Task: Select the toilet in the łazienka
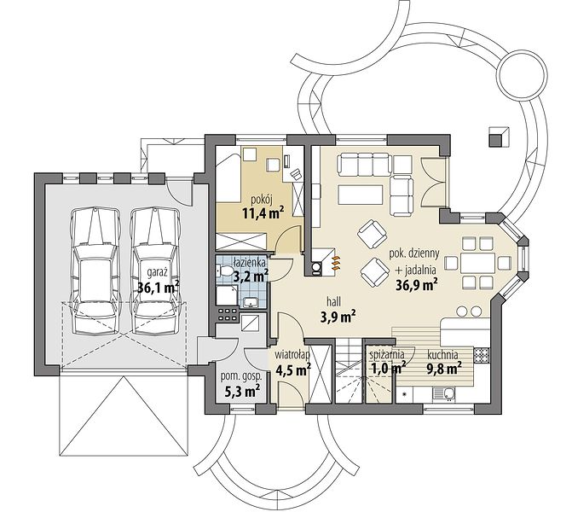(225, 271)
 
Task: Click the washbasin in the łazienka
(251, 302)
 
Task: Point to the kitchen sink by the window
(444, 393)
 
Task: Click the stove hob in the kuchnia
(482, 353)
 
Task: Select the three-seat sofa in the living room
(365, 165)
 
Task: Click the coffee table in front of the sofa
(361, 195)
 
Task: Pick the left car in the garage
(95, 271)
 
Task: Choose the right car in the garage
(156, 271)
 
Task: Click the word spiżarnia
(387, 354)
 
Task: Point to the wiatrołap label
(292, 354)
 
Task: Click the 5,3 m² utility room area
(242, 392)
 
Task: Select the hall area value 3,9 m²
(338, 317)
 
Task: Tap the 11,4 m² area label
(263, 213)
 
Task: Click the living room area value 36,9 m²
(417, 284)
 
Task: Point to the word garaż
(157, 272)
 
